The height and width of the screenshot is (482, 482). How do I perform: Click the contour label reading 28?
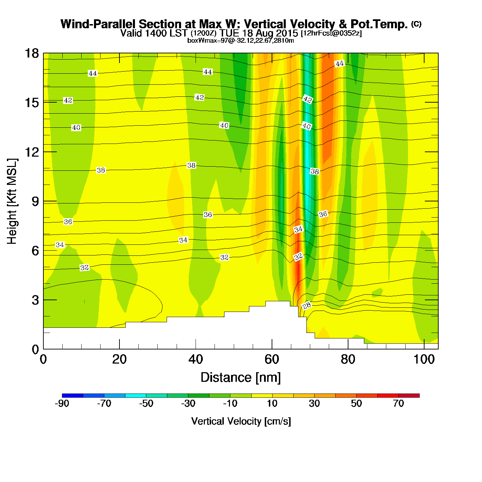307,305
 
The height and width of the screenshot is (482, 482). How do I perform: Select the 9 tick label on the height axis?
35,201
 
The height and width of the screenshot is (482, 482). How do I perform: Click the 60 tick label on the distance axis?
272,359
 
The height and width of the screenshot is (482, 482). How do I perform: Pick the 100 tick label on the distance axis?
424,359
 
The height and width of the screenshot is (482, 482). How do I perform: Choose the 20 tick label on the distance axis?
119,359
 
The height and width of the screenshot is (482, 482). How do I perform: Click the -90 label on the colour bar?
62,404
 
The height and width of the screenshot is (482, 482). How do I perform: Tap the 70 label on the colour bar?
398,404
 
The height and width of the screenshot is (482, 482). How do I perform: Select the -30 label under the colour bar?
188,404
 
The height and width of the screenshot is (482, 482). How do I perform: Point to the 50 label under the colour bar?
356,404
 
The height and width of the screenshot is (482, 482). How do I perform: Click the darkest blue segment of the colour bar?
73,395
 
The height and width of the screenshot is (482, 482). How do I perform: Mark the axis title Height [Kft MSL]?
12,201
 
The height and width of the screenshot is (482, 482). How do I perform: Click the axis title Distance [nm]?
241,378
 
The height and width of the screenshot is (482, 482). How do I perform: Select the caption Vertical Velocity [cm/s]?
241,421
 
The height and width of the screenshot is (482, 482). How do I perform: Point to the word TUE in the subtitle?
231,33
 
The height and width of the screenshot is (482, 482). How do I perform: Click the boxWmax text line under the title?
240,41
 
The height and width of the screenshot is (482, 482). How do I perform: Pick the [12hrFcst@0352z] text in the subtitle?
331,33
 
